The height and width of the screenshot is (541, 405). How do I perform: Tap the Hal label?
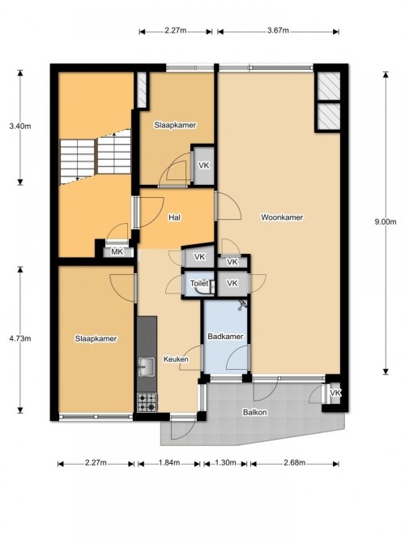pyautogui.click(x=174, y=217)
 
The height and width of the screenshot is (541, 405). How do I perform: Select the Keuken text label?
pyautogui.click(x=176, y=359)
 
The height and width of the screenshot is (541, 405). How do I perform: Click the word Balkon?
pyautogui.click(x=255, y=412)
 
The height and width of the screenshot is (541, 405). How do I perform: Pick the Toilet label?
pyautogui.click(x=199, y=283)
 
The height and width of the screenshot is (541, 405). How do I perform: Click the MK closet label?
pyautogui.click(x=117, y=251)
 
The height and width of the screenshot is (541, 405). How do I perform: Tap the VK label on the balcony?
pyautogui.click(x=335, y=393)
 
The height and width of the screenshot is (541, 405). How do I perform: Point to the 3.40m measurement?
pyautogui.click(x=20, y=127)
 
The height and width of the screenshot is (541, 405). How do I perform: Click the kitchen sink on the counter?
pyautogui.click(x=147, y=367)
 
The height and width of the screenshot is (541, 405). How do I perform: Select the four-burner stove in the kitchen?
pyautogui.click(x=147, y=400)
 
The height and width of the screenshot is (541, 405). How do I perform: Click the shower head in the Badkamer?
pyautogui.click(x=241, y=307)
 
